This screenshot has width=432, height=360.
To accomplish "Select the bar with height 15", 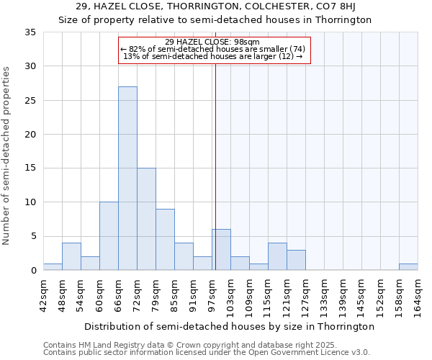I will [146, 219].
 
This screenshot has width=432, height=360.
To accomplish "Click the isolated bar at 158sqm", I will [408, 266].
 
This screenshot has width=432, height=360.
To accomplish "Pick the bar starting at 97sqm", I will [221, 250].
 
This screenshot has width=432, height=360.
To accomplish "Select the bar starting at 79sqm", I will [165, 240].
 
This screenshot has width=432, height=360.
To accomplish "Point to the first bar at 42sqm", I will [53, 266].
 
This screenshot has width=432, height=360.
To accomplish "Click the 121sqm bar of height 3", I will [296, 260].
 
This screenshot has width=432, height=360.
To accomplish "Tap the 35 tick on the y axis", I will [30, 32].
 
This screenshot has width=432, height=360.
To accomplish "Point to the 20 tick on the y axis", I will [30, 135].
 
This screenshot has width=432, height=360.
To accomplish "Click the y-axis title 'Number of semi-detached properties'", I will [7, 155].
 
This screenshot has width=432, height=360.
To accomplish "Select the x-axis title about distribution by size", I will [229, 326].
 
